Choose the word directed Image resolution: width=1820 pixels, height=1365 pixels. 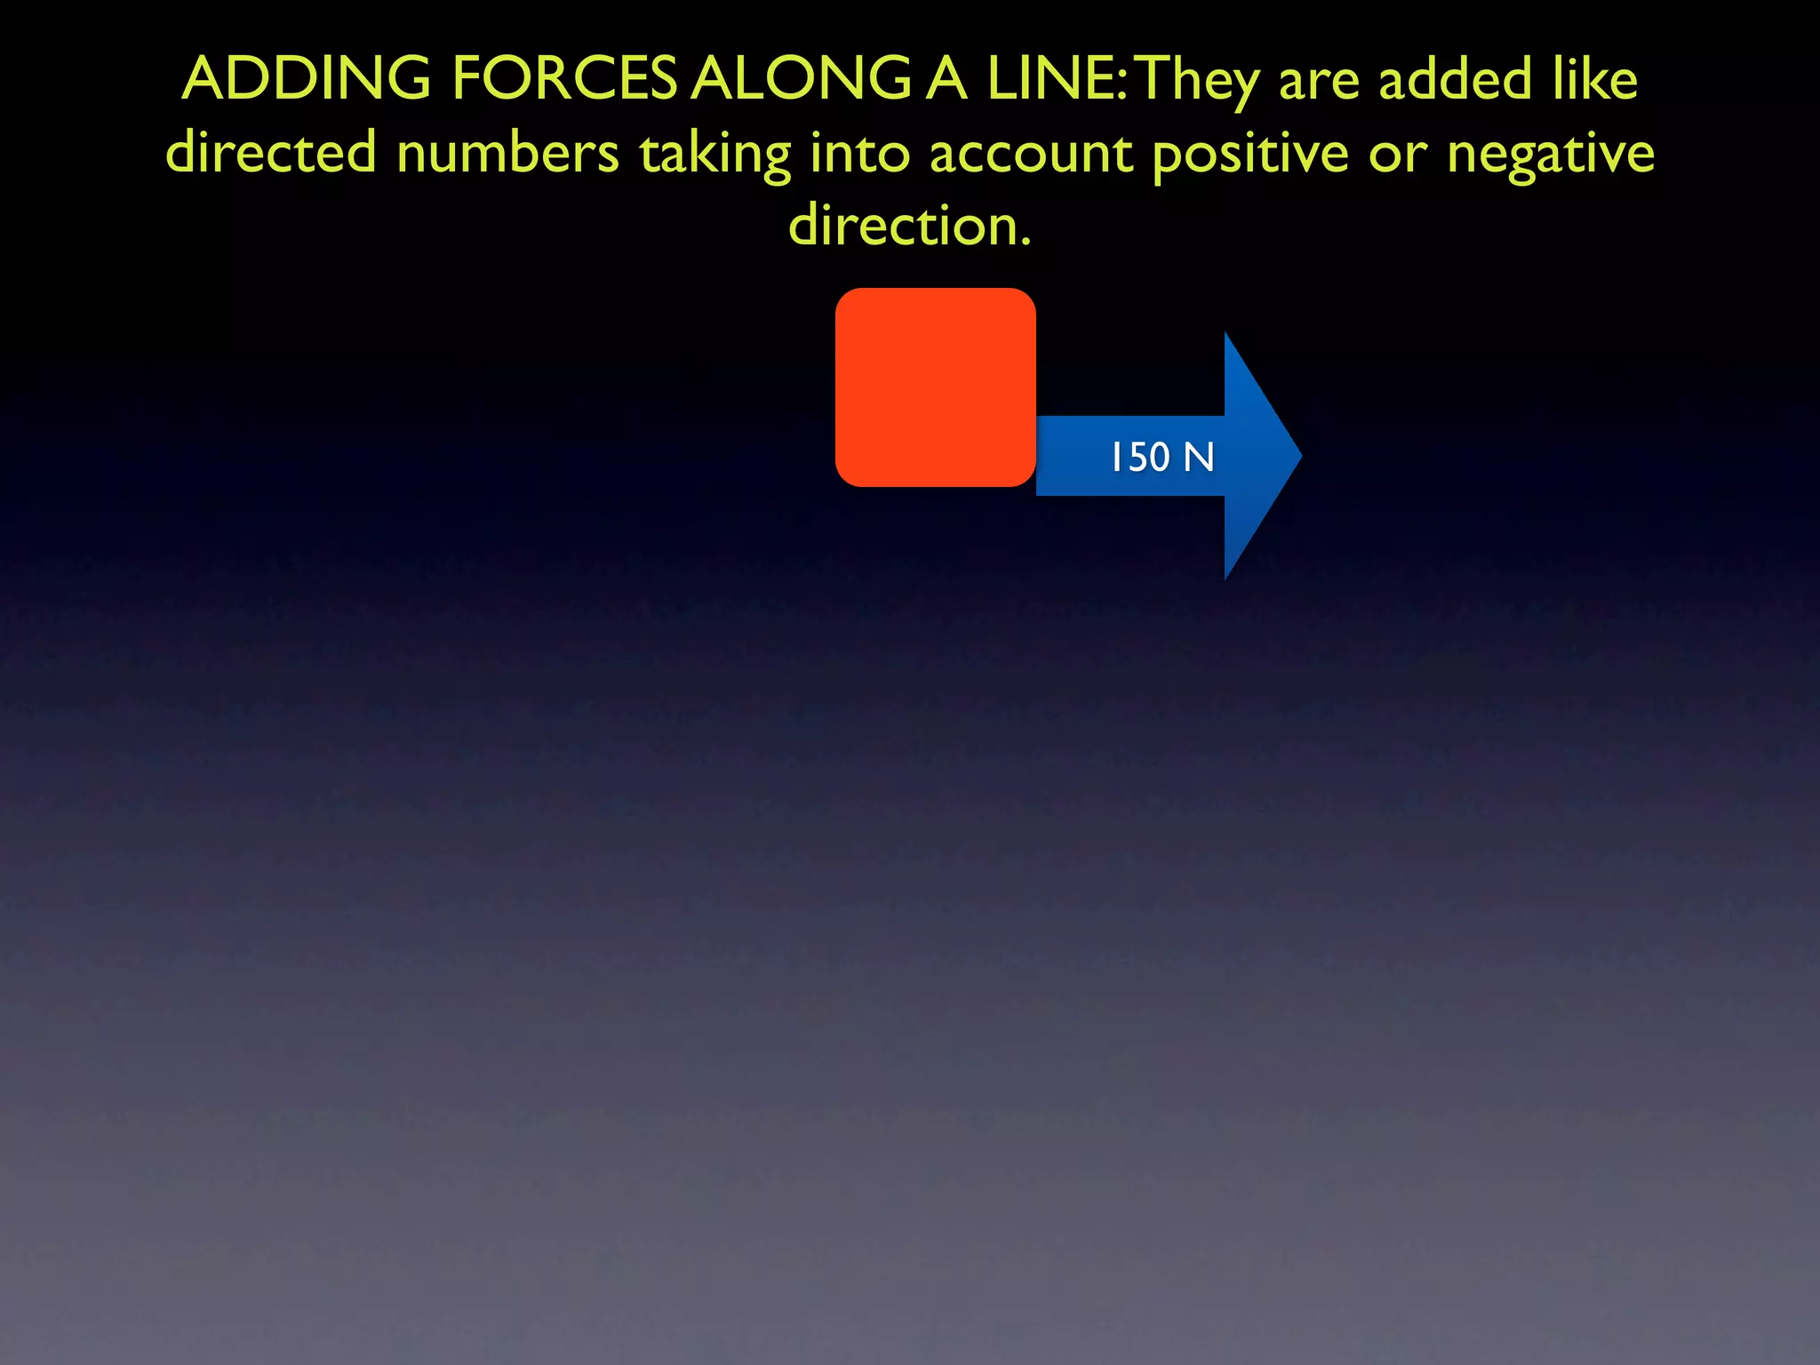point(271,152)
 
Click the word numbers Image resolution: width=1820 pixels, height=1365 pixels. point(507,152)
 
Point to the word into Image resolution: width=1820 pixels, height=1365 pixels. point(859,152)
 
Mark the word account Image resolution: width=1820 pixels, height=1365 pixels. point(1031,154)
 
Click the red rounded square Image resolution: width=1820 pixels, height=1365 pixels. point(935,387)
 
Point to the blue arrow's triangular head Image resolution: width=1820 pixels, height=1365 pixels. point(1257,456)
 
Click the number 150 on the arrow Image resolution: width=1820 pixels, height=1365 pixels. point(1140,457)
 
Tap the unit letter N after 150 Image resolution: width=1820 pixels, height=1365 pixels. point(1199,457)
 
